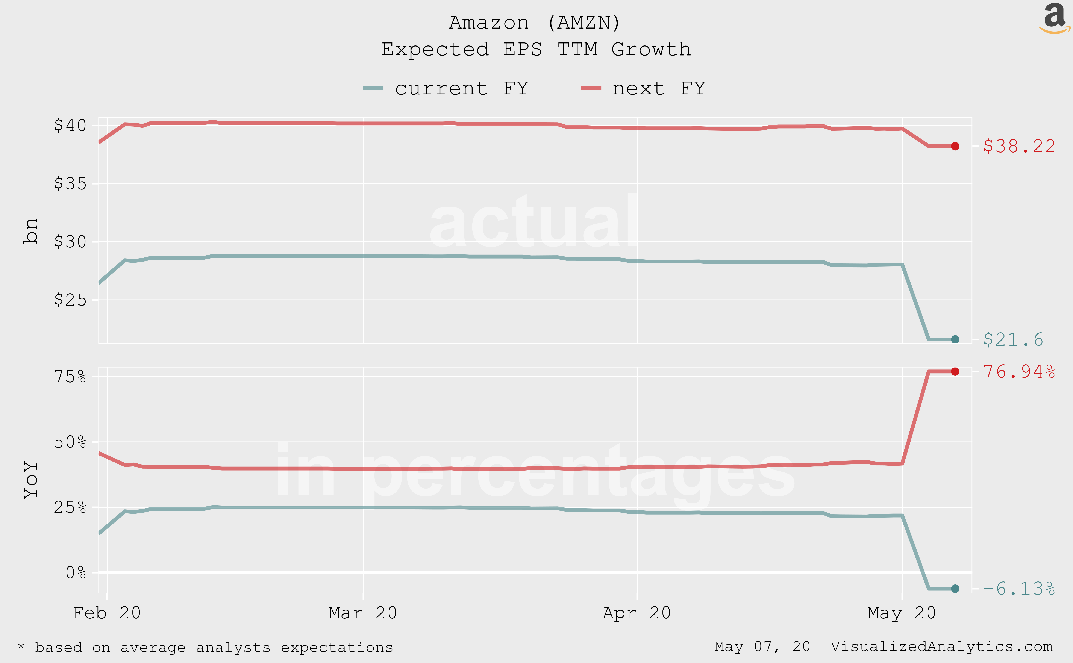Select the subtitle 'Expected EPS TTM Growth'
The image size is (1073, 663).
[x=536, y=49]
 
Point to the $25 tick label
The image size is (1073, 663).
[x=70, y=300]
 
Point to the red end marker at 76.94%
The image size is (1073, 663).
[x=955, y=371]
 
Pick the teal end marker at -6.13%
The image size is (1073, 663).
[x=955, y=589]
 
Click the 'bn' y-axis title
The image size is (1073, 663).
[x=31, y=231]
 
